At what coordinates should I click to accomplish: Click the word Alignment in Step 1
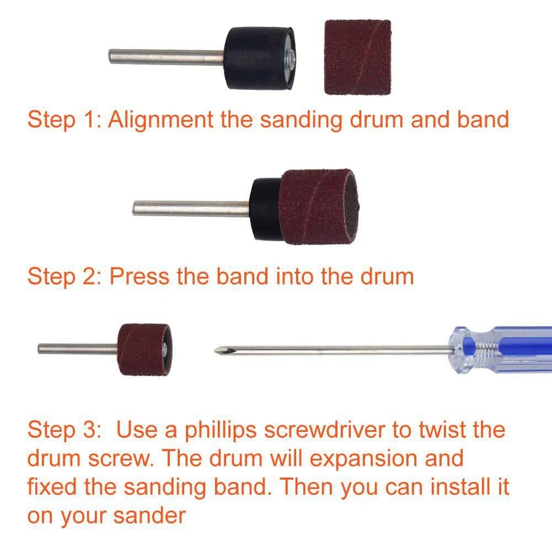click(x=160, y=120)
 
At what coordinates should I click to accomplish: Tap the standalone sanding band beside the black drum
click(x=357, y=57)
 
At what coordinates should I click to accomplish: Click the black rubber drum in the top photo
click(x=259, y=58)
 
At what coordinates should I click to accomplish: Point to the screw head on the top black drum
click(x=290, y=57)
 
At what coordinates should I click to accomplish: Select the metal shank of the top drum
click(x=166, y=57)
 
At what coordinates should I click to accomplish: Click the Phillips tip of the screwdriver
click(x=219, y=351)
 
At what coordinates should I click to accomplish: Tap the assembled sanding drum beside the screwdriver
click(x=144, y=349)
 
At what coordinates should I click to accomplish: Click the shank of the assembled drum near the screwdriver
click(x=78, y=349)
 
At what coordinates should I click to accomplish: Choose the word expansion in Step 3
click(x=364, y=459)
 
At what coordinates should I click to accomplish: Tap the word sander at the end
click(x=149, y=516)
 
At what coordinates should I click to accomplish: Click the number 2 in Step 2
click(x=89, y=276)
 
